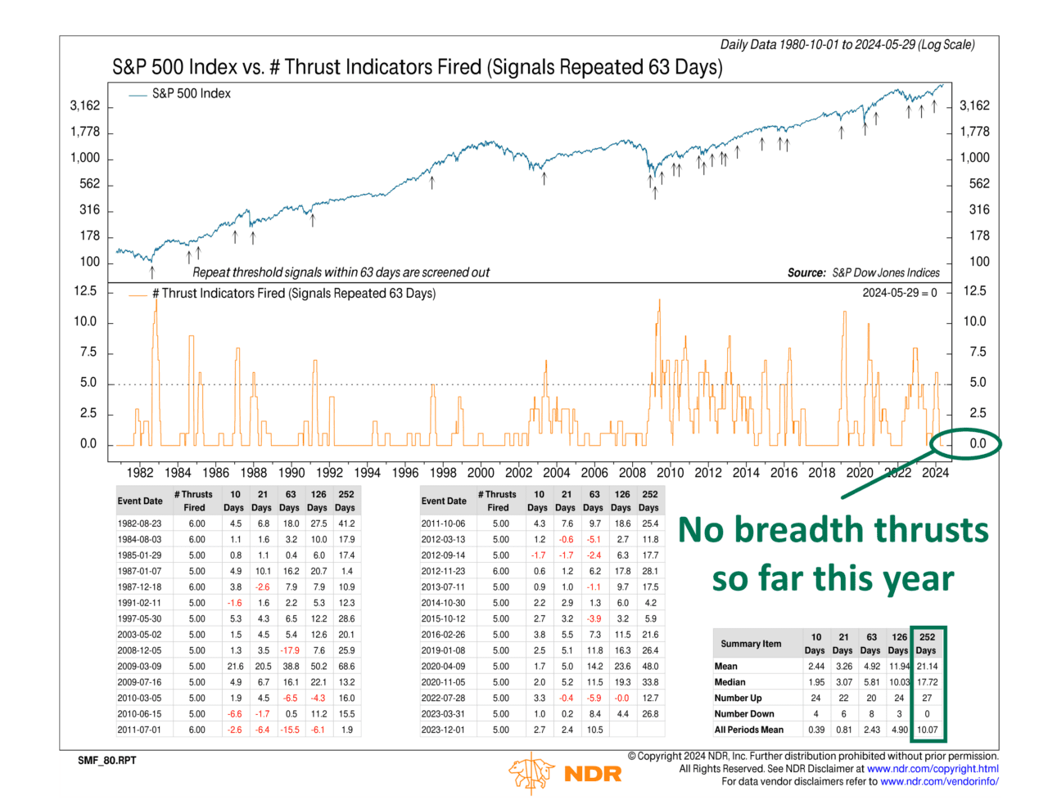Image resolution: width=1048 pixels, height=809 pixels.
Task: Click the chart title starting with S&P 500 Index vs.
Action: tap(417, 67)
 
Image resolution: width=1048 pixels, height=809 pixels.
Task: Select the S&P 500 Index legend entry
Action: tap(191, 94)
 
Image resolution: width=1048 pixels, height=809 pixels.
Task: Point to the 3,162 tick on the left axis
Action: tap(85, 106)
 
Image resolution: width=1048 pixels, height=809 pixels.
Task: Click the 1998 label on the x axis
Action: tap(443, 473)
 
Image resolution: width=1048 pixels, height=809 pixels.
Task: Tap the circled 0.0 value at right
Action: tap(978, 443)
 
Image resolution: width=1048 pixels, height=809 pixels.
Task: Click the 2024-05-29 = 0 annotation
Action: tap(899, 293)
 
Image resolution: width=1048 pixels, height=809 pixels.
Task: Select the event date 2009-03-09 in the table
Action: tap(139, 667)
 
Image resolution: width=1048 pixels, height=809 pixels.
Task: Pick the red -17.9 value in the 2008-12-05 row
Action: tap(290, 650)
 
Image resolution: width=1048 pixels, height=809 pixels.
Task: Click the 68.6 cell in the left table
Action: tap(346, 667)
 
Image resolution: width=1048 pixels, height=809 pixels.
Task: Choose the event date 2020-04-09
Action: tap(443, 667)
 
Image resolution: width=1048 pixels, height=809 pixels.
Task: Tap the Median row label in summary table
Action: tap(730, 682)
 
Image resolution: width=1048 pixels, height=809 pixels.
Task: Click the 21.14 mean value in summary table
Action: tap(927, 667)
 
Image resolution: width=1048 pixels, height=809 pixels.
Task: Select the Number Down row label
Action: tap(743, 714)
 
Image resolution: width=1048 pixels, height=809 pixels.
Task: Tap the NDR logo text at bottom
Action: tap(593, 774)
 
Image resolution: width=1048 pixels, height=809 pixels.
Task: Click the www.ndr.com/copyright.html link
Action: tap(933, 769)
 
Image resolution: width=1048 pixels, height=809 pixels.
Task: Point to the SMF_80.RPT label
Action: tap(107, 761)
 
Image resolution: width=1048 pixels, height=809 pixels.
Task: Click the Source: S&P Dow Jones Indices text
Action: tap(863, 273)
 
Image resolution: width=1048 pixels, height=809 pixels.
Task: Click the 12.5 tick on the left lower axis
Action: tap(85, 291)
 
